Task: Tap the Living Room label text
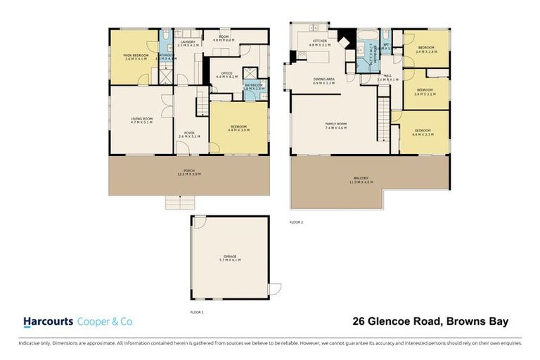tap(142, 119)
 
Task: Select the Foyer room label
tap(190, 133)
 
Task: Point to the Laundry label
tap(187, 41)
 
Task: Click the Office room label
tap(226, 72)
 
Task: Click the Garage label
tap(230, 256)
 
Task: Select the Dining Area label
tap(323, 79)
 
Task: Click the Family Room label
tap(335, 124)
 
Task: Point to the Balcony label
tap(361, 178)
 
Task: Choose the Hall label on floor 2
tap(387, 77)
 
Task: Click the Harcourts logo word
tap(47, 321)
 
